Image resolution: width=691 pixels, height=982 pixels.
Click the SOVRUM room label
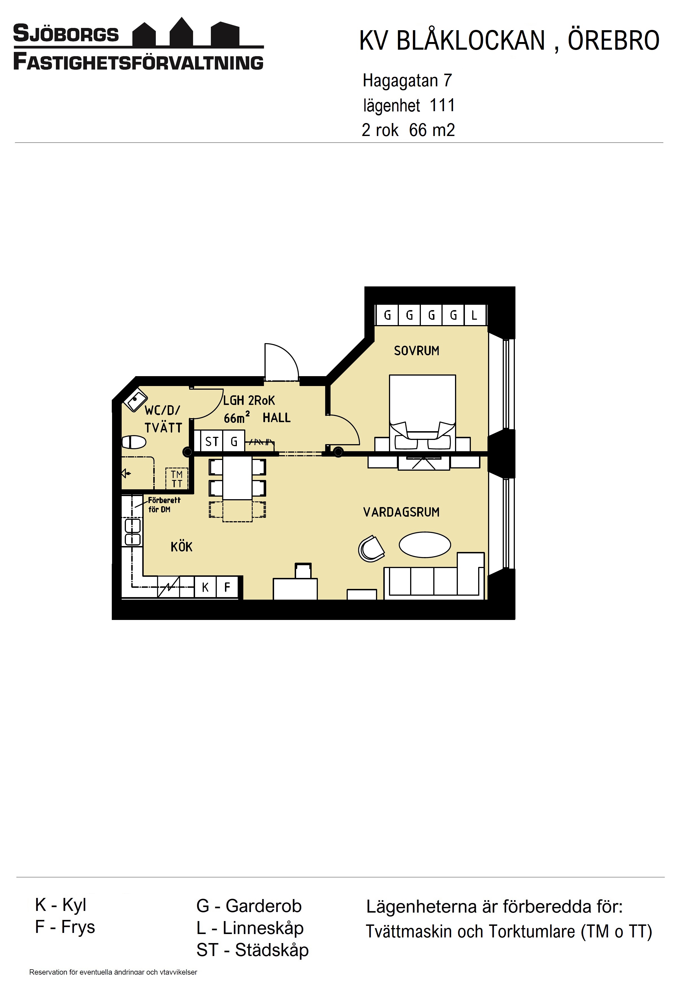[x=416, y=351]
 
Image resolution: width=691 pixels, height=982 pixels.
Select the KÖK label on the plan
[x=182, y=546]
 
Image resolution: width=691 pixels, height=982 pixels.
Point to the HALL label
[x=276, y=417]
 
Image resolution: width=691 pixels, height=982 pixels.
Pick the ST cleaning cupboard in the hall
[x=212, y=441]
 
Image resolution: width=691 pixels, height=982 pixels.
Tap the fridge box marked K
[x=205, y=587]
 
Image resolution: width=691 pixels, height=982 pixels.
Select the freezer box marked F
[x=227, y=587]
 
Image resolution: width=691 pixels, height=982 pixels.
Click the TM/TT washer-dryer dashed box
[x=177, y=479]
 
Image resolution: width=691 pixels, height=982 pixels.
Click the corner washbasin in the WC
[x=136, y=400]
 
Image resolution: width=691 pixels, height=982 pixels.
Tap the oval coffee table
[x=425, y=544]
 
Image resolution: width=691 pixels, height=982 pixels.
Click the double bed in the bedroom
[x=422, y=413]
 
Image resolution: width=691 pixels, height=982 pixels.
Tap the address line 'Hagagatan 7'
[x=407, y=80]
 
